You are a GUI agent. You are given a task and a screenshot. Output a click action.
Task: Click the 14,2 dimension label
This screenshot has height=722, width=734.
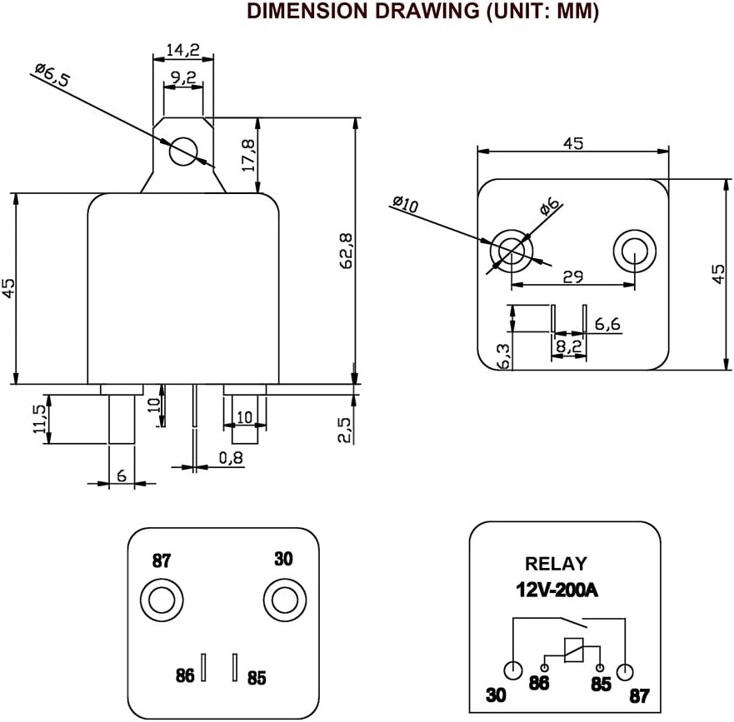point(182,51)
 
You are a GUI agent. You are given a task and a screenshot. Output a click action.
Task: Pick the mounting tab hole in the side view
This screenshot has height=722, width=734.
point(182,152)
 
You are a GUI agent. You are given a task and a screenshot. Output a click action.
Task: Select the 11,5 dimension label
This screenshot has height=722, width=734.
point(37,420)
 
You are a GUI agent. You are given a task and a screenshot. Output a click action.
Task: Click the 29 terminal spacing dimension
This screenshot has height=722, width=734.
point(572,277)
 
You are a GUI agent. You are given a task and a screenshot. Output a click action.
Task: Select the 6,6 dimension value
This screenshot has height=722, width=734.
point(607,324)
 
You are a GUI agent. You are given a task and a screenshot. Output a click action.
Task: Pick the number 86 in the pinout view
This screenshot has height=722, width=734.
point(185,675)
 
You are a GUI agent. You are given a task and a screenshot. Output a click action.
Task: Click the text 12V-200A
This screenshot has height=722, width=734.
point(555,590)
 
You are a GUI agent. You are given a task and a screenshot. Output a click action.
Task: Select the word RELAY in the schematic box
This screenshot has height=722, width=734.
point(555,564)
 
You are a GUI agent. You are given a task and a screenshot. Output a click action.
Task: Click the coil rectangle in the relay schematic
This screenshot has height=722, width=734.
point(572,650)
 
